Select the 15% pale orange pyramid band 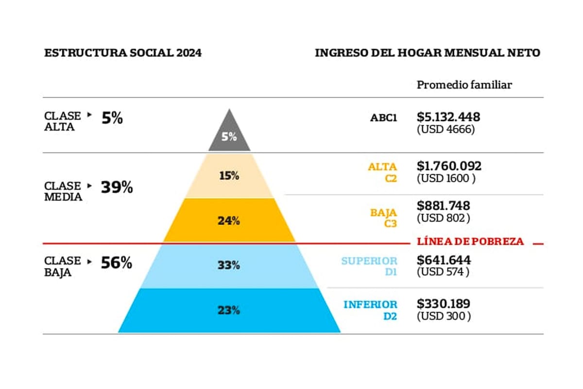[x=229, y=176]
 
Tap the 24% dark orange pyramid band [x=229, y=220]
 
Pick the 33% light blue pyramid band [x=229, y=265]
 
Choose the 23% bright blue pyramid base [x=229, y=310]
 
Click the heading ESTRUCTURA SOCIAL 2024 [x=123, y=53]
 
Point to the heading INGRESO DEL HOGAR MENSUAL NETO [x=428, y=53]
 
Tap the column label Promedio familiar [x=464, y=85]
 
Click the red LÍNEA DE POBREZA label [x=471, y=241]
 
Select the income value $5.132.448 [x=448, y=117]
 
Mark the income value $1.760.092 [x=449, y=166]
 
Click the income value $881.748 [x=443, y=206]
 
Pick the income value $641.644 [x=444, y=260]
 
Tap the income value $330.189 [x=443, y=304]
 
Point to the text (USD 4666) [x=446, y=130]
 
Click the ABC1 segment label [x=383, y=117]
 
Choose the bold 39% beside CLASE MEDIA [x=117, y=188]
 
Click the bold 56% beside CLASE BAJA [x=116, y=263]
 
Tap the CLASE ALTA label [x=63, y=122]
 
